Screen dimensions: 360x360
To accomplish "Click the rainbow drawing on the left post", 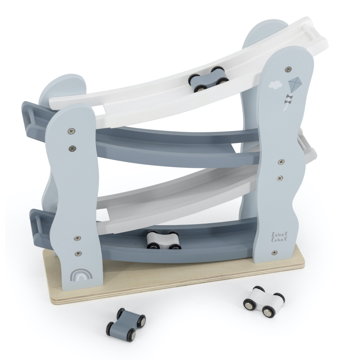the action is coord(81,274).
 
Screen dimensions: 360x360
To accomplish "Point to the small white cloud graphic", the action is coord(275,85).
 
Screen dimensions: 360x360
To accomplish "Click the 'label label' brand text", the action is coord(279,237).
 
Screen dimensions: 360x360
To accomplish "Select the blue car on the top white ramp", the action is coord(208,79).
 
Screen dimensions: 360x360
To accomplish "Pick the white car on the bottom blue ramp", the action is coord(164,240).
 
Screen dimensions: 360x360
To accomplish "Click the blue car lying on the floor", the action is coord(126,324).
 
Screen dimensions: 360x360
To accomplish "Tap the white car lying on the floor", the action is coord(264,301).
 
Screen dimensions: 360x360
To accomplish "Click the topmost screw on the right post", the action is coord(288,69).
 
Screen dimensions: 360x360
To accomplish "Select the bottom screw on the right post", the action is coord(274,252).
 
